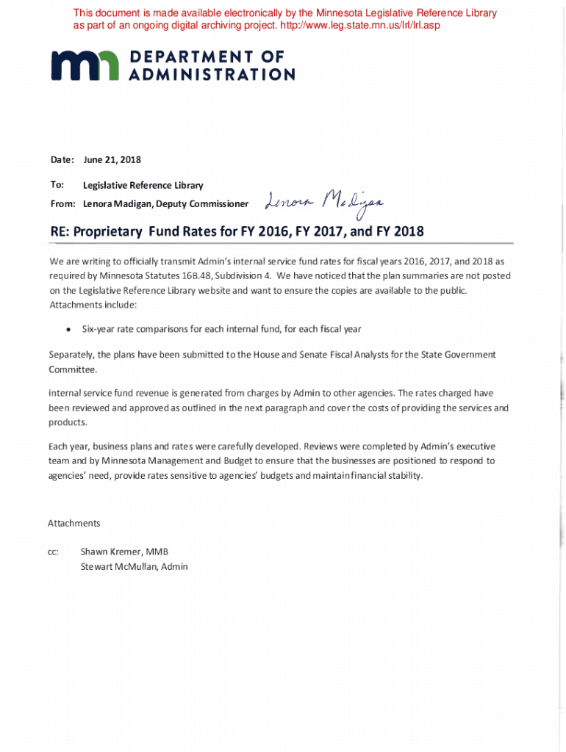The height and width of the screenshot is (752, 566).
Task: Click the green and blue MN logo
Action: pyautogui.click(x=85, y=65)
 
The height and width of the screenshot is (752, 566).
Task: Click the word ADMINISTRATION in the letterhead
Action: pyautogui.click(x=212, y=74)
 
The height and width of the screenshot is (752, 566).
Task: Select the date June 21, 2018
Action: pyautogui.click(x=112, y=159)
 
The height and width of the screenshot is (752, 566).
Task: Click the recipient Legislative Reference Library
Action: pyautogui.click(x=143, y=185)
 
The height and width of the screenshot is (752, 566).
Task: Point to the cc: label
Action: pyautogui.click(x=53, y=552)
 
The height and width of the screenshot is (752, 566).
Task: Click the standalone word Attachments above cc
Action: pyautogui.click(x=74, y=524)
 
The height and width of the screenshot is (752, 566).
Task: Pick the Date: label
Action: pyautogui.click(x=62, y=159)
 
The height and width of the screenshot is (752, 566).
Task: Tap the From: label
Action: pyautogui.click(x=63, y=203)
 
